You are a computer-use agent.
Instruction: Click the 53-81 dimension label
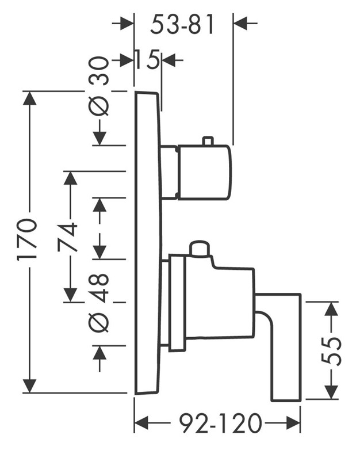click(182, 24)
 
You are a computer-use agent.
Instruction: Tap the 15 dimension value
click(148, 60)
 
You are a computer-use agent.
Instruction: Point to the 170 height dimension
click(27, 240)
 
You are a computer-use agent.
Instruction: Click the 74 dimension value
click(67, 237)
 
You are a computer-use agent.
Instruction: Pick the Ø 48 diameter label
click(99, 303)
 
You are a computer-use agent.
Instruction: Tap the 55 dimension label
click(331, 351)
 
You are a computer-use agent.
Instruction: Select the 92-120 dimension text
click(220, 424)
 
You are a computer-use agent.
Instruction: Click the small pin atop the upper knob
click(208, 140)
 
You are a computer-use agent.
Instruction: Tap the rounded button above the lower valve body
click(199, 249)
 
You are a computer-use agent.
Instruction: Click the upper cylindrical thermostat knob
click(204, 172)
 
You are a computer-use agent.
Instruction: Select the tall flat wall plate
click(147, 243)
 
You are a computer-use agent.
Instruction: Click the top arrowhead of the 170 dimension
click(30, 99)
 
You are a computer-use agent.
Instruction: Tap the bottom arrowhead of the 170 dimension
click(30, 386)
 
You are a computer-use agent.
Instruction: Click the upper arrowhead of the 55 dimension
click(331, 309)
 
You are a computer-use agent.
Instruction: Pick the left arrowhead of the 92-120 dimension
click(142, 423)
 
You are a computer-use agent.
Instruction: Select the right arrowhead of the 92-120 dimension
click(293, 423)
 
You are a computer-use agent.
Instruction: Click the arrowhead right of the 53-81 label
click(240, 23)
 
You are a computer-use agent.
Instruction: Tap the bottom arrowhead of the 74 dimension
click(71, 295)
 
